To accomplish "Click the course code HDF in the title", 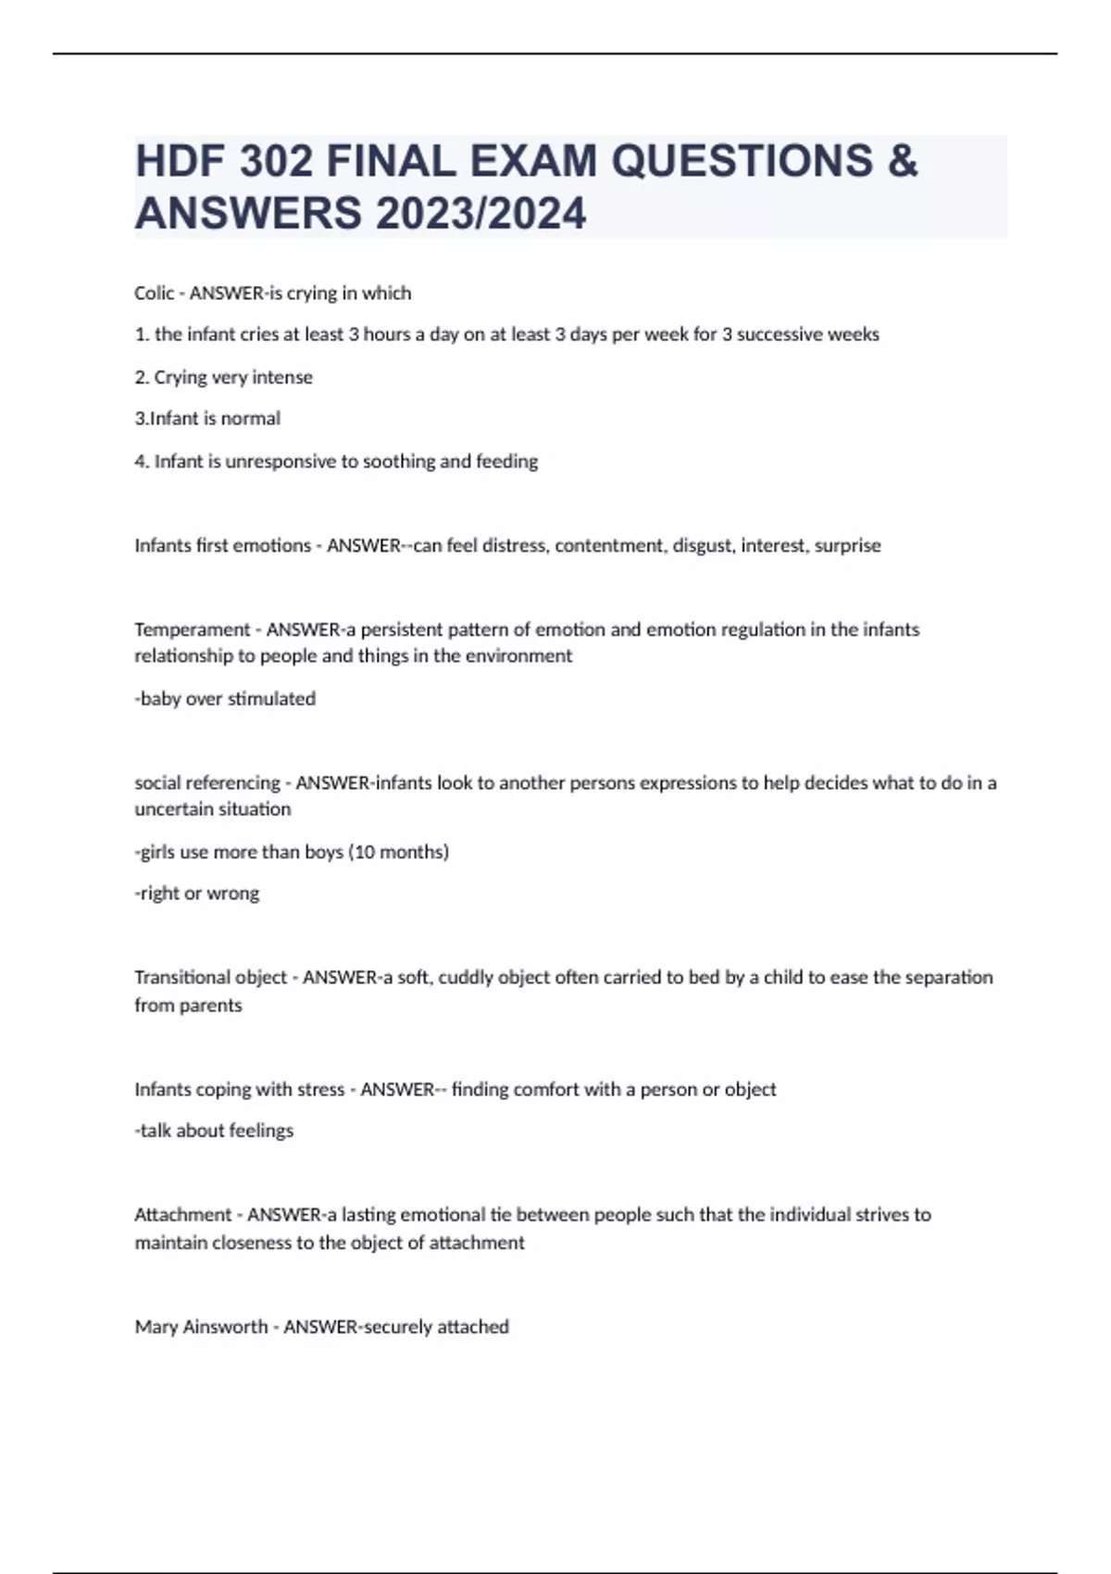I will tap(180, 161).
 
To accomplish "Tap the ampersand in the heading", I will tap(902, 161).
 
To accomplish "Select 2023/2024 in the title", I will tap(481, 214).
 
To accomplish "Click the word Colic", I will tap(154, 294).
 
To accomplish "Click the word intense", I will tap(282, 377).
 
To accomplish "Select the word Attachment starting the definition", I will tap(182, 1215).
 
